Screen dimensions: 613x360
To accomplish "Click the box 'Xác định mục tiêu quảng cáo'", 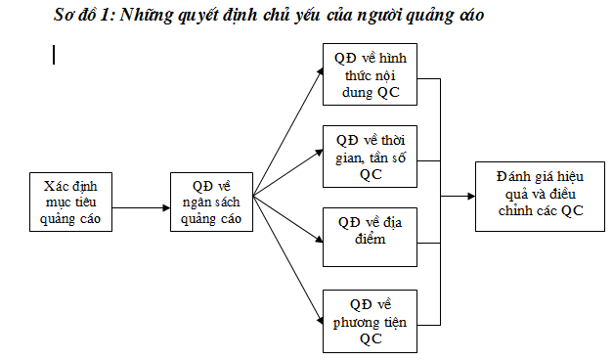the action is (70, 202).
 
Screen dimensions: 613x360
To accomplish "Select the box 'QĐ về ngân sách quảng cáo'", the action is (211, 202).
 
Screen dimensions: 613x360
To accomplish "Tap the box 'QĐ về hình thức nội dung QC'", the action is (370, 74).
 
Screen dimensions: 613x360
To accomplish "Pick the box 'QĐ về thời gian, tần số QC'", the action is (370, 157).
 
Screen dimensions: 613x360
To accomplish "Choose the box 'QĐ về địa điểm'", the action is (370, 237).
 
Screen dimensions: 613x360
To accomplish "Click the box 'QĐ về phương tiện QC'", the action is (370, 321).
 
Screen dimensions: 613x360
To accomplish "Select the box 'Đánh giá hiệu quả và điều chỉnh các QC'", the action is (540, 197).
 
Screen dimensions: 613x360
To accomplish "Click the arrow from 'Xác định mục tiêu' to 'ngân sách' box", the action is (141, 207).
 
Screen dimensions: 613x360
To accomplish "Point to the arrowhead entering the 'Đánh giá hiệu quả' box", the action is (471, 196).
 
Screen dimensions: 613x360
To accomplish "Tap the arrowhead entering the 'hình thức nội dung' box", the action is (320, 71).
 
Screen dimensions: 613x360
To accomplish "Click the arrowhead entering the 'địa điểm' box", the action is (319, 239).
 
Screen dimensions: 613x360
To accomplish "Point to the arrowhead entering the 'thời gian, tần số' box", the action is (319, 153).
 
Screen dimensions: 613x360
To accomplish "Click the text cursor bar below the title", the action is (54, 55).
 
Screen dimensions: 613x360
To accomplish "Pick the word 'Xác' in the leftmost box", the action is (54, 186).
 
